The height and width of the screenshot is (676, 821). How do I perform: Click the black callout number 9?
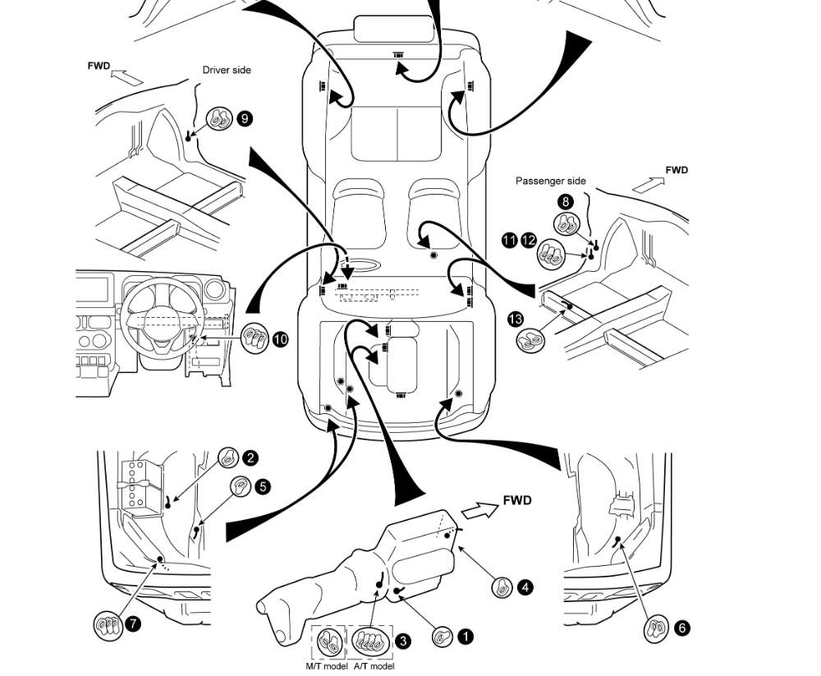[245, 118]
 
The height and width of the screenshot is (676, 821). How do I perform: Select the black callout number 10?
[280, 339]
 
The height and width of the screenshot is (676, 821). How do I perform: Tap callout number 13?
[516, 319]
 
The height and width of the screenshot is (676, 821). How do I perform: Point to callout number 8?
[565, 202]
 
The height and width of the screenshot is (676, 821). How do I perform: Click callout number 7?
[133, 623]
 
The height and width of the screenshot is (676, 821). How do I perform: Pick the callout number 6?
[681, 628]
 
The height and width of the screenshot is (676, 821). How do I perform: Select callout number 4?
[525, 587]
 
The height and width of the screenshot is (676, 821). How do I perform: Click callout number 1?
[465, 637]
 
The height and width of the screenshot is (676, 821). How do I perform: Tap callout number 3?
[402, 641]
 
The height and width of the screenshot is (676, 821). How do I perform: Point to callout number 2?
[250, 458]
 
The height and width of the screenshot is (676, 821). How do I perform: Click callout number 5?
[263, 486]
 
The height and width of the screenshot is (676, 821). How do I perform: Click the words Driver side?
[227, 70]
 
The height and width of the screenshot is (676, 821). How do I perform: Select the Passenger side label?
[551, 181]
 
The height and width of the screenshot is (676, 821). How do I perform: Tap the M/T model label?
[327, 667]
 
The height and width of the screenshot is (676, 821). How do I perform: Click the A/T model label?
[374, 667]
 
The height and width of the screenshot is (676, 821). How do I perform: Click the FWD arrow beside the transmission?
[480, 510]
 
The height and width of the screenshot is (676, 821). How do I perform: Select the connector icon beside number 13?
[530, 341]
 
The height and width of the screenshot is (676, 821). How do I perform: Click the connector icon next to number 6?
[656, 628]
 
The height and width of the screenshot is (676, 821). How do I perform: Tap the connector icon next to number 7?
[108, 625]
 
